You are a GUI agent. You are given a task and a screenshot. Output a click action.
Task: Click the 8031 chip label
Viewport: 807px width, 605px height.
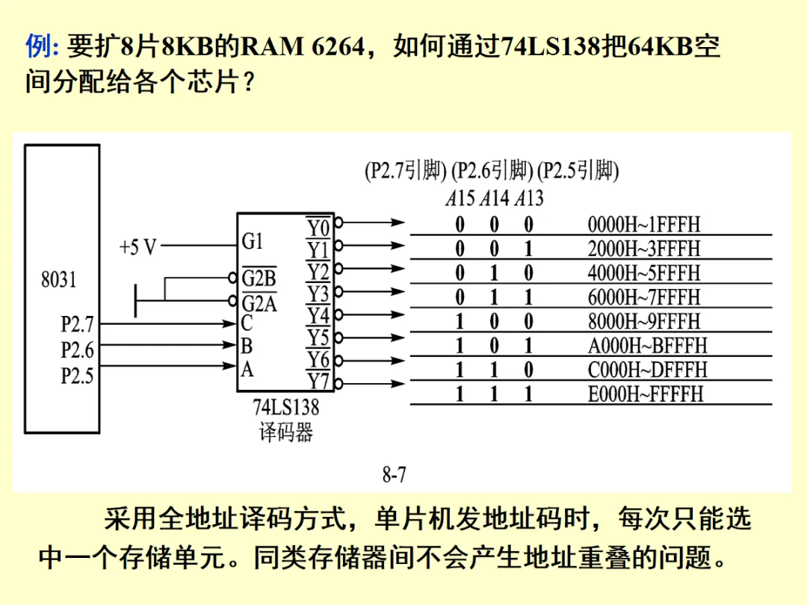[x=58, y=280]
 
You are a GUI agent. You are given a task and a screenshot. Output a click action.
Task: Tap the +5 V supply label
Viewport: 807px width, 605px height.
[x=138, y=246]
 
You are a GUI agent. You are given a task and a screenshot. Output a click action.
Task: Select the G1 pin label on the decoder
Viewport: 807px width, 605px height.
[x=253, y=241]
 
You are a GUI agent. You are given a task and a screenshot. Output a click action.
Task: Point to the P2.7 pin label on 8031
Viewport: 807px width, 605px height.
[x=78, y=325]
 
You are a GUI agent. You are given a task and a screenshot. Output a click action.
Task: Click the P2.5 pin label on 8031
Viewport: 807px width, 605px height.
[x=78, y=376]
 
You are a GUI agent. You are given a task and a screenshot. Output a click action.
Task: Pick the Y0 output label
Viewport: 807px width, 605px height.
[x=318, y=226]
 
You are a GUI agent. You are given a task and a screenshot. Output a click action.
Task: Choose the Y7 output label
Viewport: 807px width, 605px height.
[x=318, y=381]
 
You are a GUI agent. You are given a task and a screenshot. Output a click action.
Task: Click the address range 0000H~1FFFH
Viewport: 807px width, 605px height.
[x=644, y=224]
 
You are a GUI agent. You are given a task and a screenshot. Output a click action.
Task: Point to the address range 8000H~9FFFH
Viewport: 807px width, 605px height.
[x=644, y=321]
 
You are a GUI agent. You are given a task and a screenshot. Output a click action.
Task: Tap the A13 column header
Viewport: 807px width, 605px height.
[x=528, y=199]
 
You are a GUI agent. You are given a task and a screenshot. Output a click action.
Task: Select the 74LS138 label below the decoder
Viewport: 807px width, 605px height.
[x=285, y=408]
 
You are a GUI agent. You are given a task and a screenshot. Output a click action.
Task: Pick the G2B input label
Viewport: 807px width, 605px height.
[x=259, y=279]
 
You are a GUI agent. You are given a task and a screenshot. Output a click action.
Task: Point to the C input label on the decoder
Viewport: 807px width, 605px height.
[x=247, y=323]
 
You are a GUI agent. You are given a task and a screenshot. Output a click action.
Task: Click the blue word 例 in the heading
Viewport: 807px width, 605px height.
[x=37, y=46]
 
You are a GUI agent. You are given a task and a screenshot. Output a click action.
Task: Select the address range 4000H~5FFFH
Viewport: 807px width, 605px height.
[x=644, y=273]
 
